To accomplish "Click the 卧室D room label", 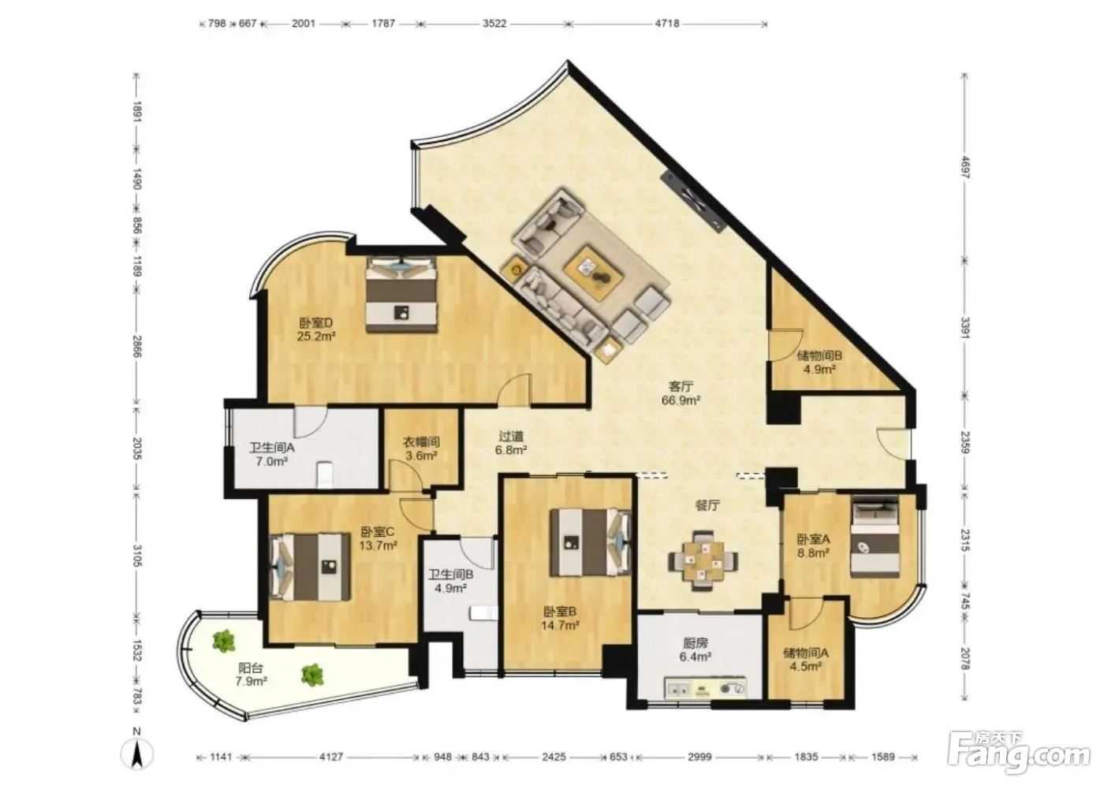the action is (x=316, y=323).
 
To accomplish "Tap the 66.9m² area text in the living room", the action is (x=681, y=400).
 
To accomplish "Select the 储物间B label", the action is (x=819, y=355).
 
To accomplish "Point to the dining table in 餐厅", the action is (x=703, y=560).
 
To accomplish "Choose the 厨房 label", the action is (x=696, y=642).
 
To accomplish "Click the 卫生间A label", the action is (x=271, y=448).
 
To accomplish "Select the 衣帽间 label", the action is (x=421, y=442).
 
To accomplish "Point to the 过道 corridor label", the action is (x=511, y=437).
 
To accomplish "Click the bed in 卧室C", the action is (x=311, y=567).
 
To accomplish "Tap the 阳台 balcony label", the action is (x=251, y=668).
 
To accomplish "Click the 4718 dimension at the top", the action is (x=667, y=23).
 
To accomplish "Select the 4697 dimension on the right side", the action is (x=965, y=168).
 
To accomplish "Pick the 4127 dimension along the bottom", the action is (x=330, y=757).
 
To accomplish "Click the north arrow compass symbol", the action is (x=137, y=753).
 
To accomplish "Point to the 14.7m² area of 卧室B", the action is (x=561, y=625).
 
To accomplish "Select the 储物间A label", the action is (x=806, y=653).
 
